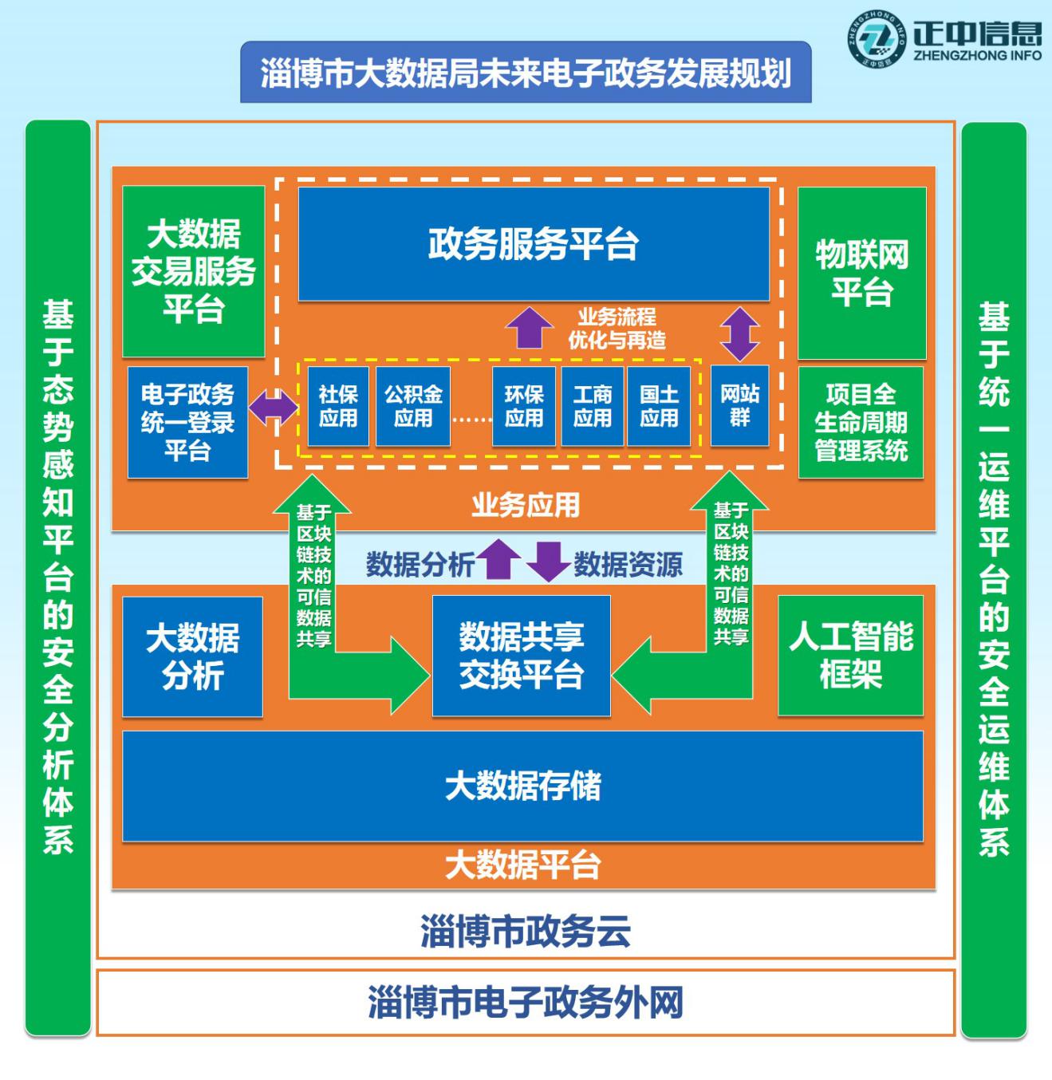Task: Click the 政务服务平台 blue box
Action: click(534, 243)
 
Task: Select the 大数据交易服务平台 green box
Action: click(194, 271)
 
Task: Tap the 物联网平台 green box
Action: click(861, 274)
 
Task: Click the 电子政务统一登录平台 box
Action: click(187, 422)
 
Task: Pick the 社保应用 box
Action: click(338, 406)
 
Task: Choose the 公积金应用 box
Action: click(412, 406)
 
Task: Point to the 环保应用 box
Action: click(523, 406)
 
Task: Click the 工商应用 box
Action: click(593, 406)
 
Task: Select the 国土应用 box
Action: click(659, 406)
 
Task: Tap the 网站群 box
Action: click(739, 405)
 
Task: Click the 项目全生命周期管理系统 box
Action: click(861, 422)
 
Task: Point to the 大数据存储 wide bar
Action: click(522, 786)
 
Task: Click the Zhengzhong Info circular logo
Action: click(875, 37)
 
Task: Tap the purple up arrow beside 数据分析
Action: click(499, 558)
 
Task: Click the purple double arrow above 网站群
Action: click(740, 333)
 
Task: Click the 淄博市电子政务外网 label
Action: click(526, 1003)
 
